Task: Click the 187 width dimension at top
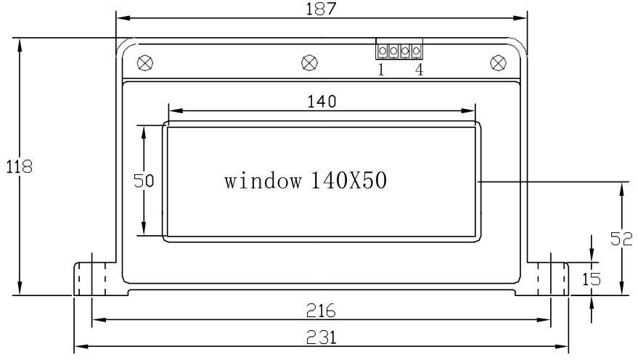[x=322, y=7]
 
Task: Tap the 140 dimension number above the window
[x=321, y=102]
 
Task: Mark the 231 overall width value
[x=321, y=338]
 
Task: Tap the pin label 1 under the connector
[x=382, y=70]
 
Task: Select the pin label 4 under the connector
[x=419, y=70]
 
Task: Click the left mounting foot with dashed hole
[x=94, y=279]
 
